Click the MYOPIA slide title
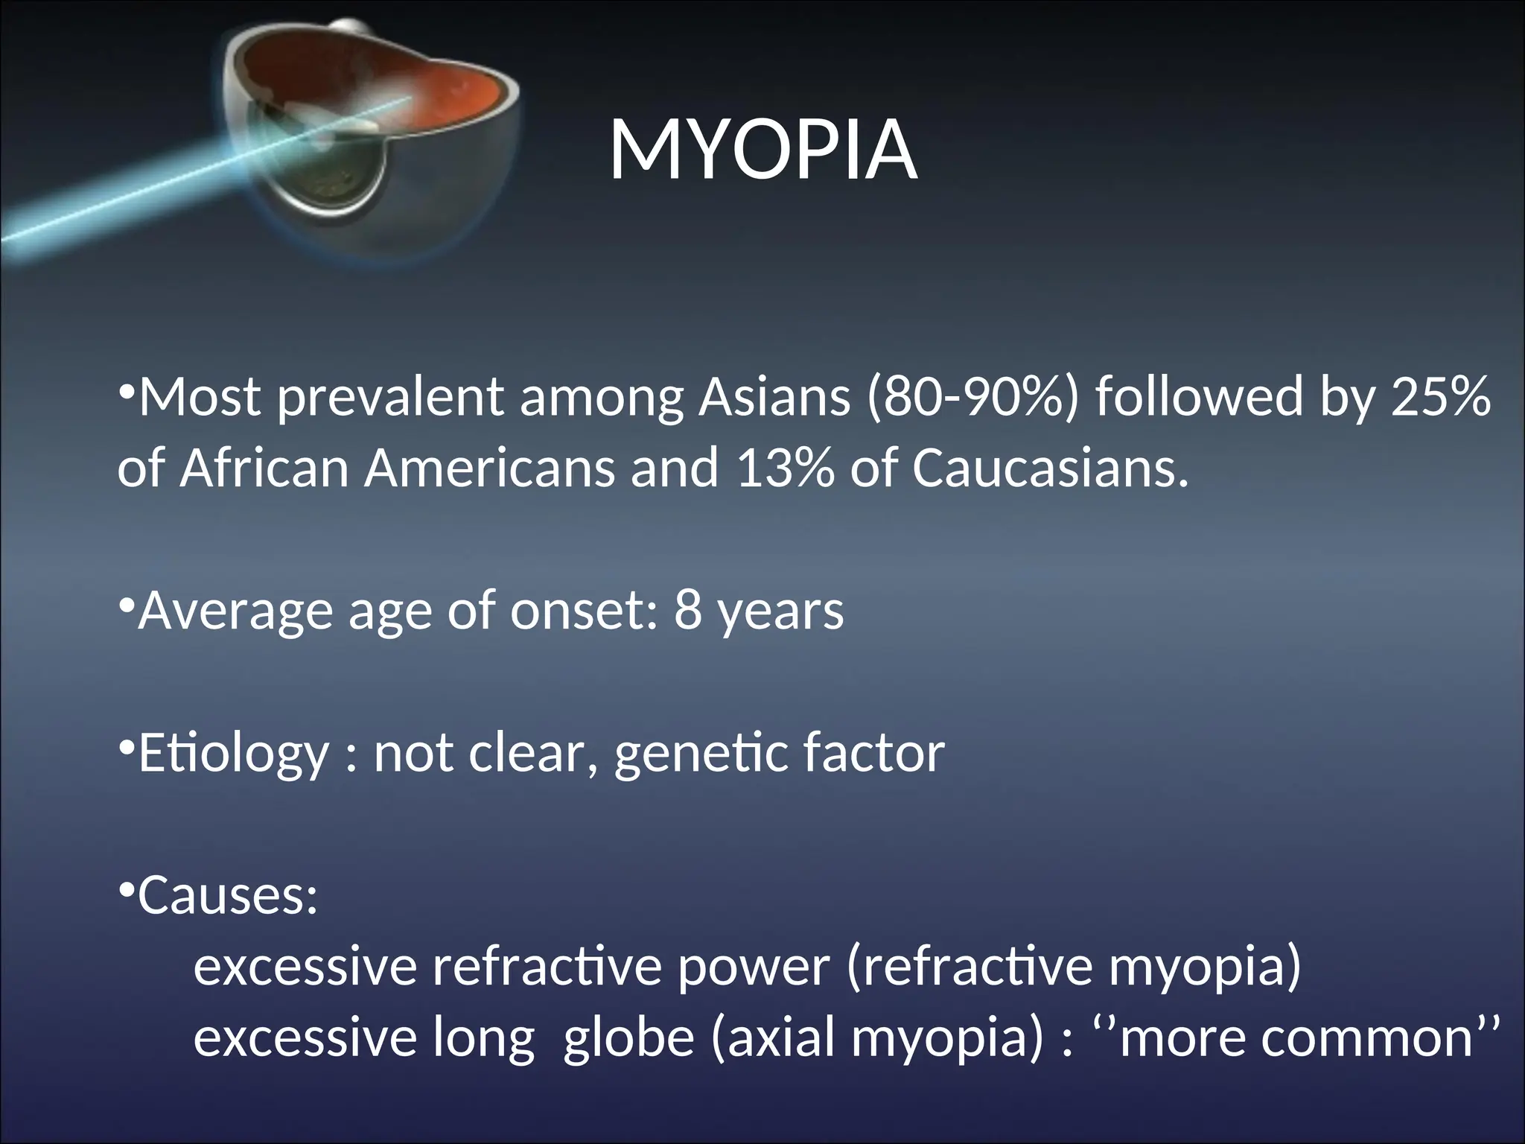point(762,152)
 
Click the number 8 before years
point(688,611)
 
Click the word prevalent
point(390,399)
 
